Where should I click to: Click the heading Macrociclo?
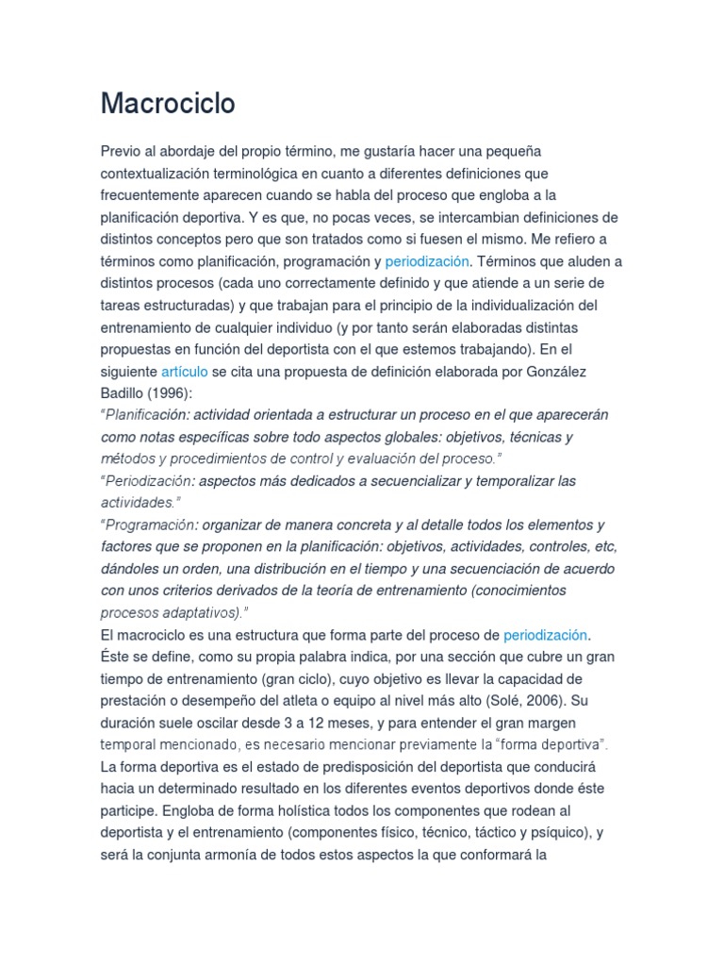click(x=168, y=105)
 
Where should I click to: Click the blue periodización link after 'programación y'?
click(x=426, y=261)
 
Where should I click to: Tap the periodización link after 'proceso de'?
click(x=545, y=635)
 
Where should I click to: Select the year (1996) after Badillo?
click(x=173, y=393)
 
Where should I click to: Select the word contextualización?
click(x=169, y=174)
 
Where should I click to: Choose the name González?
click(x=553, y=372)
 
